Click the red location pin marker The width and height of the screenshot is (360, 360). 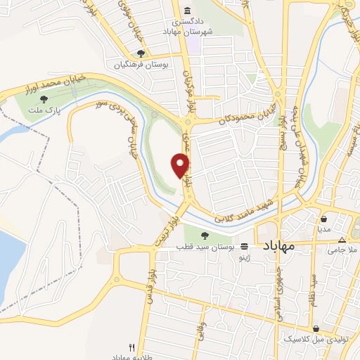[x=181, y=165]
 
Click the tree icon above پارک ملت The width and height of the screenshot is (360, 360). [x=44, y=101]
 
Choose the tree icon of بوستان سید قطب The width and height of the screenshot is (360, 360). [x=205, y=236]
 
